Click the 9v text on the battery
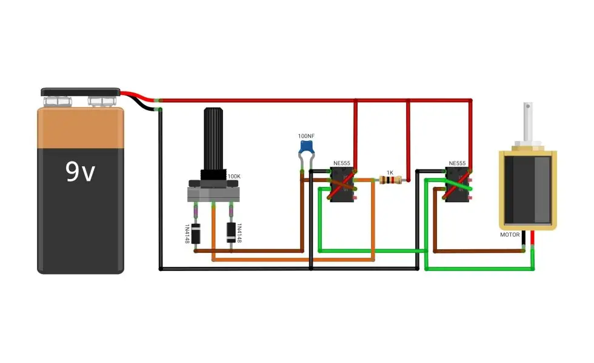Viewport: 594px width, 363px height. tap(80, 171)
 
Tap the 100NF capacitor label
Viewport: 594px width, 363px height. tap(306, 136)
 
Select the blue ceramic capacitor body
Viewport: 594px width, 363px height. tap(307, 146)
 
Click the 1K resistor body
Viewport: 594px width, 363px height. tap(390, 180)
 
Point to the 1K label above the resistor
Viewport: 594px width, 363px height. tap(390, 173)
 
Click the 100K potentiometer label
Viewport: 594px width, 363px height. tap(234, 177)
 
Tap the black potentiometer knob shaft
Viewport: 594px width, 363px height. tap(213, 139)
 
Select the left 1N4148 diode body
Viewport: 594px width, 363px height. tap(195, 234)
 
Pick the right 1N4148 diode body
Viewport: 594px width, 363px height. tap(231, 232)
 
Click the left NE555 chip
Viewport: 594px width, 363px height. tap(342, 185)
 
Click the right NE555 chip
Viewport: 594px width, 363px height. tap(457, 185)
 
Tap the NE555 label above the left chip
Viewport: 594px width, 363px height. tap(342, 163)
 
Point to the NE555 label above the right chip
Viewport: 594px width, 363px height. tap(457, 163)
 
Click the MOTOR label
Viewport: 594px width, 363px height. tap(510, 235)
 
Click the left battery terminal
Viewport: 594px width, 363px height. tap(58, 102)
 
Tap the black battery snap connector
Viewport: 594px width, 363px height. tap(80, 92)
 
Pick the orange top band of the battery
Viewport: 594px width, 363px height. tap(80, 128)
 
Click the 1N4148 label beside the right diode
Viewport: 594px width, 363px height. tap(239, 233)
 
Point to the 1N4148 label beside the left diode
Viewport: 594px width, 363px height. tap(187, 234)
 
